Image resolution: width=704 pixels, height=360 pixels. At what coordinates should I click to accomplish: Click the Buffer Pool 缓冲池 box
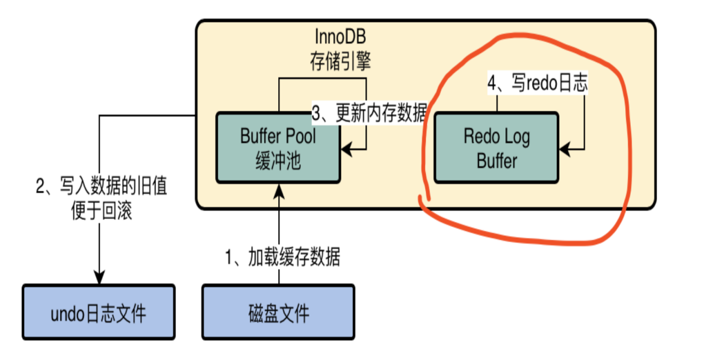[278, 148]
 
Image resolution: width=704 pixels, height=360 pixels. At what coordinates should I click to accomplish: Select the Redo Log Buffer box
[497, 148]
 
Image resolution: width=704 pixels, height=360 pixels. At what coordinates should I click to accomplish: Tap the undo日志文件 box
[99, 312]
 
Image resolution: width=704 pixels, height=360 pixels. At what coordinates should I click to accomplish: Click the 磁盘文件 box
[278, 312]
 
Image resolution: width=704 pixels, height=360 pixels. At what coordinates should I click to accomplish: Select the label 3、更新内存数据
[369, 114]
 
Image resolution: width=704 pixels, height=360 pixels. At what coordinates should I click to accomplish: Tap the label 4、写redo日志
[537, 83]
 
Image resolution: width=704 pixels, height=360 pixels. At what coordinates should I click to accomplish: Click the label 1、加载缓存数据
[282, 257]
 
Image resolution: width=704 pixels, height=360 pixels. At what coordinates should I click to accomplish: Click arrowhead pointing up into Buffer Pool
[278, 190]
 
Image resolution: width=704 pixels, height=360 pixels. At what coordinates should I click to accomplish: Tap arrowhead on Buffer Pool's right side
[347, 149]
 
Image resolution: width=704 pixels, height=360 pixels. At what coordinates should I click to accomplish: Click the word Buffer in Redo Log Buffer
[497, 161]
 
